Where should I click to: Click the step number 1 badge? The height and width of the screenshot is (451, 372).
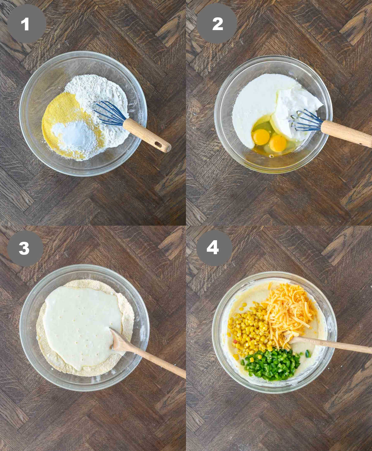click(x=26, y=24)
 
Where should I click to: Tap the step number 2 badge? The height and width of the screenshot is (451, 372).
click(x=217, y=24)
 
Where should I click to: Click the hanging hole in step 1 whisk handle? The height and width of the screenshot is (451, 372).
click(x=158, y=144)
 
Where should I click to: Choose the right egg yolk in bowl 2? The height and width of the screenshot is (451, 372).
click(x=278, y=143)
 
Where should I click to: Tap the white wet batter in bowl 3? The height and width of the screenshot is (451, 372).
click(x=81, y=319)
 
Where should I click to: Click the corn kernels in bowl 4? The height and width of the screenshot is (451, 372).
click(x=248, y=329)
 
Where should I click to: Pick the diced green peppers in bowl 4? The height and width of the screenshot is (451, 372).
click(x=271, y=364)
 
